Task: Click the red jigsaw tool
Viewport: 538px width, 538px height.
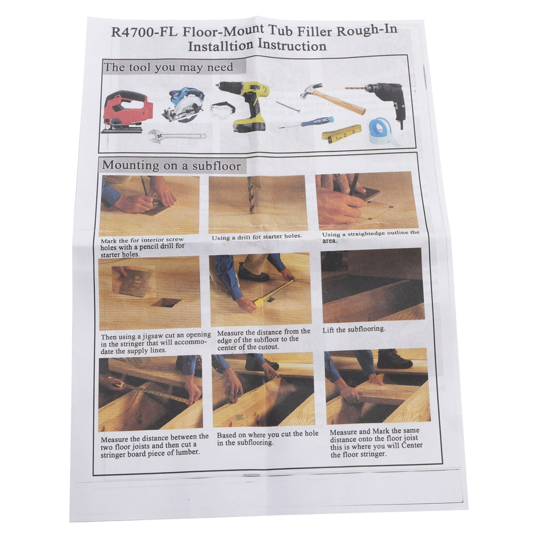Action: [127, 111]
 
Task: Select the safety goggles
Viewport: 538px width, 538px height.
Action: [223, 110]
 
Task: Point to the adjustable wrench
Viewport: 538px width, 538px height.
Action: [177, 136]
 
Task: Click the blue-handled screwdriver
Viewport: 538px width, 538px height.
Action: [306, 122]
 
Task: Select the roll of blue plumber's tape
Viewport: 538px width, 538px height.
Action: [382, 131]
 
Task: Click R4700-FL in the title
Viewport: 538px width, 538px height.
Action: [144, 32]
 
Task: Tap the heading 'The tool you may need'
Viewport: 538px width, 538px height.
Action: [169, 67]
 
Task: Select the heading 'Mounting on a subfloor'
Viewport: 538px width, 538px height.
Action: [171, 165]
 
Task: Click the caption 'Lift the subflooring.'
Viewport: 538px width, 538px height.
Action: [354, 329]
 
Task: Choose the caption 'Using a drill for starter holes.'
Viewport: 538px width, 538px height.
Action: [256, 237]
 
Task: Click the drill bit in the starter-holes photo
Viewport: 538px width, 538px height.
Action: [251, 194]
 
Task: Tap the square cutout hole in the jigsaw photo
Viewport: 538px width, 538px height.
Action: [167, 303]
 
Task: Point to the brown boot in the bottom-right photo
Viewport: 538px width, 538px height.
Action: [394, 359]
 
